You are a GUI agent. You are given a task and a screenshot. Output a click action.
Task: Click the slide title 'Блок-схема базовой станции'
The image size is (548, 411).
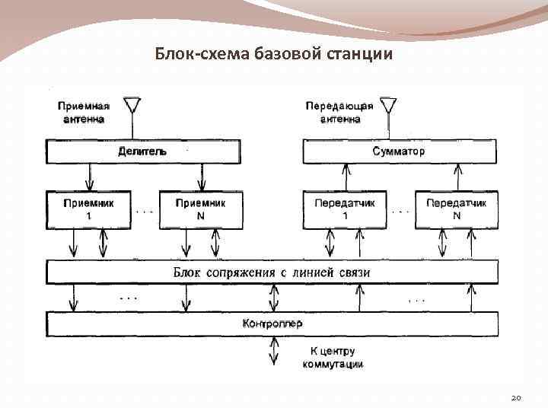pos(274,54)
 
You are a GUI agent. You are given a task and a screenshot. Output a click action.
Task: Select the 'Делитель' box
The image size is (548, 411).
pos(142,151)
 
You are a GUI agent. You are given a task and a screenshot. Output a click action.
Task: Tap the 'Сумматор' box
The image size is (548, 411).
pos(400,151)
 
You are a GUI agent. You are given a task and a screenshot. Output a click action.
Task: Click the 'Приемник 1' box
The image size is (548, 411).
pos(88,209)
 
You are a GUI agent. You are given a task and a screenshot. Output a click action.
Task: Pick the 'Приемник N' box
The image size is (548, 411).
pos(201,209)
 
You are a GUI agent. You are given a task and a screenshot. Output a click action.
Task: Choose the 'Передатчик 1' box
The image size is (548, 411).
pos(345,209)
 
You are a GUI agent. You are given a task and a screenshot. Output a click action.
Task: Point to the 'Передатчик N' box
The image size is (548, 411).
pos(456,209)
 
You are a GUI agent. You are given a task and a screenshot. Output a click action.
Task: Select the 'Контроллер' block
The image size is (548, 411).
pos(272,323)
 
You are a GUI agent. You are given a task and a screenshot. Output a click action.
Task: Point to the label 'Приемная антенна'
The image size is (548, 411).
pos(83,113)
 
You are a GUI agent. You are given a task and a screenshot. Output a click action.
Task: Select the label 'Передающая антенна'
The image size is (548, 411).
pos(339,113)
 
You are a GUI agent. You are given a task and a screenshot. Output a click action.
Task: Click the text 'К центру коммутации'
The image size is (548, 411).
pos(333,358)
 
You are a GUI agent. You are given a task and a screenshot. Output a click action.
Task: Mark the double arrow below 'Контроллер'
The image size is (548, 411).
pos(272,351)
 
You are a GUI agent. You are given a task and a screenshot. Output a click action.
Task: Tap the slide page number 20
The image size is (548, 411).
pos(516,397)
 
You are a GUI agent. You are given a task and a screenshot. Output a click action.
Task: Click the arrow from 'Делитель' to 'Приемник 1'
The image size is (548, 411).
pos(90,177)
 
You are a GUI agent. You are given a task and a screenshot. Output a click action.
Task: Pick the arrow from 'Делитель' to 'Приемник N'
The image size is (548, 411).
pos(202,177)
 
